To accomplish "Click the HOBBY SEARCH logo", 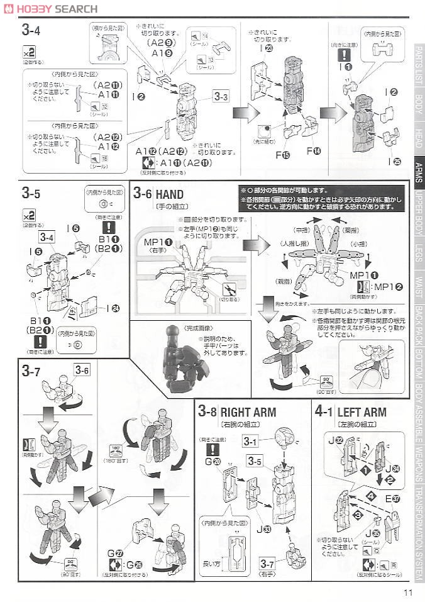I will [50, 8].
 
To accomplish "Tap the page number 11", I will [407, 591].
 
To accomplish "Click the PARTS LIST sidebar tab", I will [418, 66].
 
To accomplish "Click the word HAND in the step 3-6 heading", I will [170, 194].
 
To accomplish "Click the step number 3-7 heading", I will [31, 371].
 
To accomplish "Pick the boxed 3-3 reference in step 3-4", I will [221, 96].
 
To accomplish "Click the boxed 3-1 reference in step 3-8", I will [251, 442].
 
